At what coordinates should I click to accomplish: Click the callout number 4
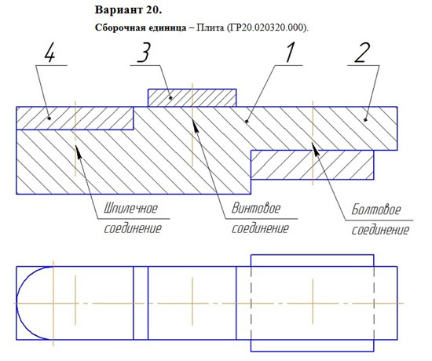tap(49, 53)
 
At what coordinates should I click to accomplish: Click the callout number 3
tap(144, 53)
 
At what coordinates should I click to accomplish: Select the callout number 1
tap(290, 53)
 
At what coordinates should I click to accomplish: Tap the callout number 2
tap(362, 53)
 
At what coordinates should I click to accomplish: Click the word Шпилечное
tap(130, 208)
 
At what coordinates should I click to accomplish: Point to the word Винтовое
tap(256, 208)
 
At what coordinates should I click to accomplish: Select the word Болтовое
tap(376, 210)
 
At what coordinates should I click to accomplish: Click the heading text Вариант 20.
tap(128, 10)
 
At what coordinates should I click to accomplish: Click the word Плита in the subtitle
tap(210, 27)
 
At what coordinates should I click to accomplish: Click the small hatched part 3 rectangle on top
tap(192, 98)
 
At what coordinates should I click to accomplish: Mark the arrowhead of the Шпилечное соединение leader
tap(79, 151)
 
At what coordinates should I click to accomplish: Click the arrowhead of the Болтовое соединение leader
tap(316, 148)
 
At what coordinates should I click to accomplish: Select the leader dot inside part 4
tap(49, 119)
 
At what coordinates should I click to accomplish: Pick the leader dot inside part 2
tap(365, 120)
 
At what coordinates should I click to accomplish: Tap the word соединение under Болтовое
tap(380, 230)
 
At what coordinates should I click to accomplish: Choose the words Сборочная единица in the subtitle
tap(141, 27)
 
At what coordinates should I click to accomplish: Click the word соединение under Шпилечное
tap(133, 228)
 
